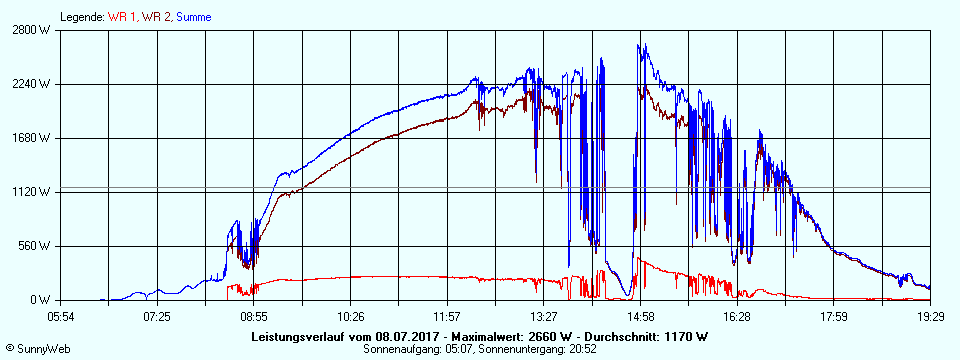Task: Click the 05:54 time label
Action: [x=61, y=316]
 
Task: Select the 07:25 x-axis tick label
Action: [x=157, y=316]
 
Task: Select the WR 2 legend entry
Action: [x=157, y=17]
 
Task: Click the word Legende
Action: [x=82, y=17]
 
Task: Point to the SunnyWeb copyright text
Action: [x=39, y=348]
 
